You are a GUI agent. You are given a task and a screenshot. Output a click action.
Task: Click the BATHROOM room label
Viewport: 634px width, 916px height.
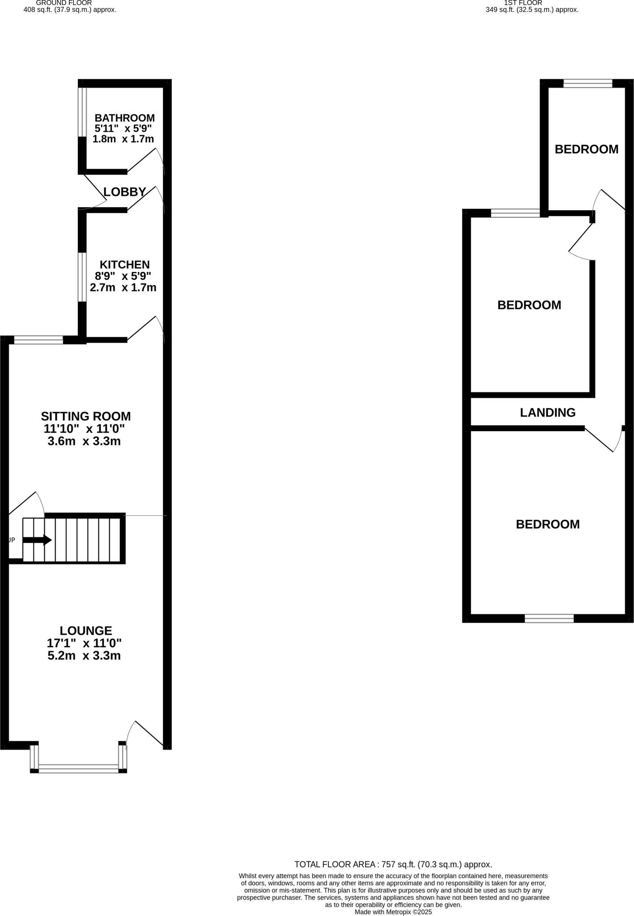tap(124, 118)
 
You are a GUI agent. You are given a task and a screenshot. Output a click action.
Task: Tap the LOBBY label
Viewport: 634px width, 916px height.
tap(124, 192)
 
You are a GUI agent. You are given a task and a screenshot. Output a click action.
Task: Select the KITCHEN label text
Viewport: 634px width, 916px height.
tap(124, 264)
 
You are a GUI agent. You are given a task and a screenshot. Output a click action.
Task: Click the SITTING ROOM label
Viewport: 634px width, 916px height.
tap(86, 416)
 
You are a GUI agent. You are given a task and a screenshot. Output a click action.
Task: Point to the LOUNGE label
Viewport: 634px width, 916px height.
tap(86, 631)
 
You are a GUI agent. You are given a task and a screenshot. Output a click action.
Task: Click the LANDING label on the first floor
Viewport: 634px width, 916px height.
tap(548, 412)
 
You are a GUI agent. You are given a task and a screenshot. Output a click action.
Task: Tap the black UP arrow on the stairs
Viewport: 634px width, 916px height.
tap(37, 540)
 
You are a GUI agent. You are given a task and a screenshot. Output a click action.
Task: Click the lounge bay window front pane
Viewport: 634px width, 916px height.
tap(78, 769)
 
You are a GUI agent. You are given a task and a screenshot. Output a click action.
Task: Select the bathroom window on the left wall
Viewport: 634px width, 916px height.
tap(82, 112)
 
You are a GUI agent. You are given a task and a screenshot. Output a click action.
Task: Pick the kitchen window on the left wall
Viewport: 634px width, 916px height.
tap(82, 277)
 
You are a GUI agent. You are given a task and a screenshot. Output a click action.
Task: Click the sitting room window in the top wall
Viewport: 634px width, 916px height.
tap(38, 340)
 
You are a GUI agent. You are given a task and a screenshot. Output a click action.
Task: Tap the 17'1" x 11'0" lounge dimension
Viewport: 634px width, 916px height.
tap(84, 643)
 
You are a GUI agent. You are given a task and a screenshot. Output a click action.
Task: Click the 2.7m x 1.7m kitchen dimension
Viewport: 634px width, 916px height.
tap(123, 288)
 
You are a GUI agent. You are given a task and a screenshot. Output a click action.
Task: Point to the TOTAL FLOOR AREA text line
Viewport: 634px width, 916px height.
tap(393, 865)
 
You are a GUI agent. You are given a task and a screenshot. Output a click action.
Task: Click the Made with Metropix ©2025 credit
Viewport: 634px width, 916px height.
tap(393, 912)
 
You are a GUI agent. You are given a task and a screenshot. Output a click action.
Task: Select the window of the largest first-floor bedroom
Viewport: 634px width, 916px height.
tap(549, 619)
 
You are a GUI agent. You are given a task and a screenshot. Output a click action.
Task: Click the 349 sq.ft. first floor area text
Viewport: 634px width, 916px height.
tap(532, 9)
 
